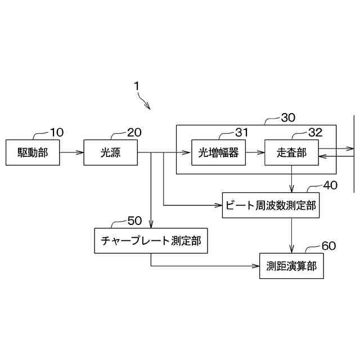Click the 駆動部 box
32,152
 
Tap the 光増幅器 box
219,152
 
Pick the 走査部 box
291,152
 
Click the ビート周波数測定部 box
271,206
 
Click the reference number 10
57,133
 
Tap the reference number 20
134,133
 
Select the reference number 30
288,118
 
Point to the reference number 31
241,133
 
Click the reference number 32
315,133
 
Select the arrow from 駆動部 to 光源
71,152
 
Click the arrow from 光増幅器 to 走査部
255,152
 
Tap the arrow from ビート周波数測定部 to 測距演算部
291,236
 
